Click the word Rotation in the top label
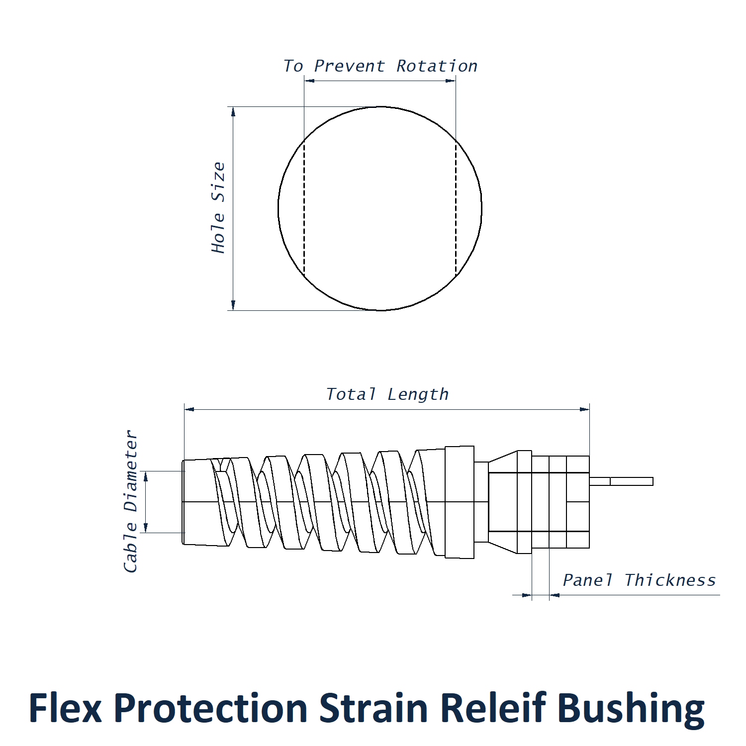coord(437,66)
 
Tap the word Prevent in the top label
coord(349,66)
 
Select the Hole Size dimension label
coord(218,208)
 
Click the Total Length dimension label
coord(387,394)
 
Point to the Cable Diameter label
coord(131,501)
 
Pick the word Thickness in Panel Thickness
coord(669,580)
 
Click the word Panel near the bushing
coord(587,580)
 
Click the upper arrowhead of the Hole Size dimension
coord(233,112)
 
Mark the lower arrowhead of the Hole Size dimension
coord(233,305)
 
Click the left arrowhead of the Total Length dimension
coord(189,409)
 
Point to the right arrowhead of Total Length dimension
coord(584,409)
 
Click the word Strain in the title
coord(373,708)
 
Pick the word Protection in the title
coord(210,708)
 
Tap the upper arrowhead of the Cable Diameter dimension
coord(146,476)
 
